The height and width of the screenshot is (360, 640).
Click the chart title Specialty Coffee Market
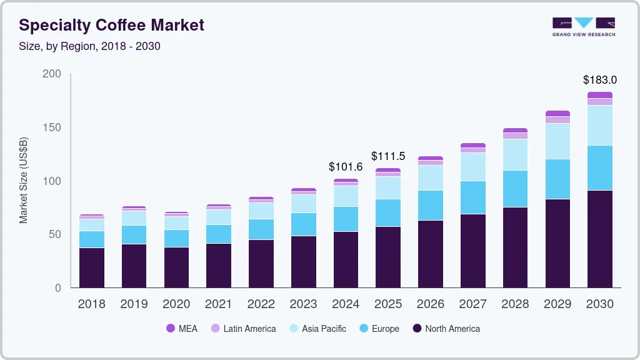pyautogui.click(x=111, y=25)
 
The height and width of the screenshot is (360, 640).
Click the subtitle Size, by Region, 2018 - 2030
pyautogui.click(x=89, y=46)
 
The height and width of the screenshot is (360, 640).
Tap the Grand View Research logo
pyautogui.click(x=583, y=26)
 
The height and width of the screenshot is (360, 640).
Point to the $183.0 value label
pyautogui.click(x=599, y=80)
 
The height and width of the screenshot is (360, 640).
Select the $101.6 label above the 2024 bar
pyautogui.click(x=346, y=167)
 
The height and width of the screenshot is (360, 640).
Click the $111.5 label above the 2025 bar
pyautogui.click(x=388, y=156)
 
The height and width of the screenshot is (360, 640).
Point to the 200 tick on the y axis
pyautogui.click(x=52, y=74)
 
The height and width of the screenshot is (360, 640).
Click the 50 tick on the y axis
pyautogui.click(x=55, y=234)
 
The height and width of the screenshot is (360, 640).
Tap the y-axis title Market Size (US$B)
pyautogui.click(x=24, y=181)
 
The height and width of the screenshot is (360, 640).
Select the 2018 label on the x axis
pyautogui.click(x=91, y=304)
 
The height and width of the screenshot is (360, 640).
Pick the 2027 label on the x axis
pyautogui.click(x=472, y=304)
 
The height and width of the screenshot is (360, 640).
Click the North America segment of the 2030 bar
pyautogui.click(x=599, y=239)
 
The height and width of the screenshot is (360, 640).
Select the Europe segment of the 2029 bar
pyautogui.click(x=557, y=179)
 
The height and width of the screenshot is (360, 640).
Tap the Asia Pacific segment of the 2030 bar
pyautogui.click(x=599, y=125)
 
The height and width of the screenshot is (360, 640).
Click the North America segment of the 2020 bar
pyautogui.click(x=176, y=267)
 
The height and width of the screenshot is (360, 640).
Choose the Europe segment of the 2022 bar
pyautogui.click(x=261, y=229)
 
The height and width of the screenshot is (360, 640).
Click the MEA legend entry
pyautogui.click(x=182, y=329)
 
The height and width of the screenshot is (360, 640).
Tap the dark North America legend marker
pyautogui.click(x=417, y=329)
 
